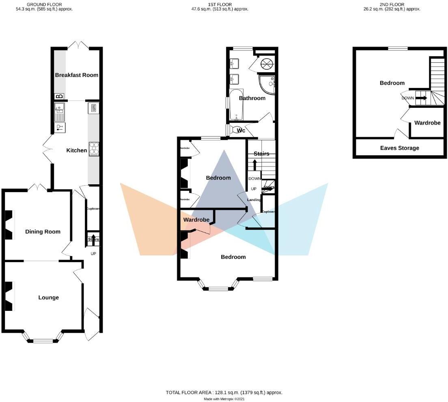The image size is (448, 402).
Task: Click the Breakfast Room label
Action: click(77, 75)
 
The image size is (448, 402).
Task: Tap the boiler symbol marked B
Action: click(59, 96)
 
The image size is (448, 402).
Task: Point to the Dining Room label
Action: click(43, 232)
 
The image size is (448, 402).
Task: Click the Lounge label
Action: click(48, 297)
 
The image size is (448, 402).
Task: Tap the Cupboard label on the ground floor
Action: click(93, 209)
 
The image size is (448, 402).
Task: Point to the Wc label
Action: click(241, 130)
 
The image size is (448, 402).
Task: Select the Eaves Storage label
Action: click(399, 148)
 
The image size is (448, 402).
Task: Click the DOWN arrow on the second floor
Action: click(421, 98)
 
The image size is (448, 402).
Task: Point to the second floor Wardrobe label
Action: click(427, 123)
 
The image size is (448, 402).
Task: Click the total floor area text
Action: click(224, 392)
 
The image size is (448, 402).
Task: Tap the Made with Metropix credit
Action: click(224, 399)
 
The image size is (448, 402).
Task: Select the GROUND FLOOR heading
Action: click(44, 4)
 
